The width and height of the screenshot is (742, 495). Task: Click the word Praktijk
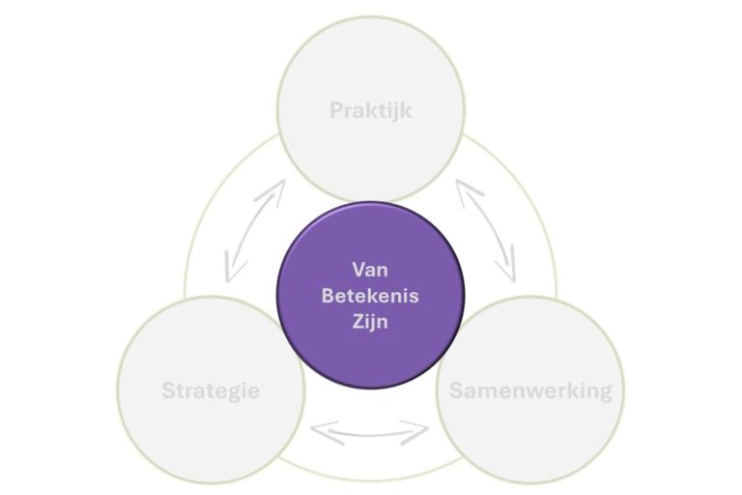click(x=370, y=110)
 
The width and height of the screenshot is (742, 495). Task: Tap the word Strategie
click(x=210, y=392)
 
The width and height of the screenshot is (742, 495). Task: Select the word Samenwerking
click(x=530, y=391)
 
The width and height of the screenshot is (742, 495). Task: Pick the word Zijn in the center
click(x=370, y=322)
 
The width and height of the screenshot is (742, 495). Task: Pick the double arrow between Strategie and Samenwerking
click(x=370, y=431)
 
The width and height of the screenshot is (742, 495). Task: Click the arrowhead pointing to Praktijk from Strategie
click(x=279, y=188)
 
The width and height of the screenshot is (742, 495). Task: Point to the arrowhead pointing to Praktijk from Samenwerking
click(x=463, y=188)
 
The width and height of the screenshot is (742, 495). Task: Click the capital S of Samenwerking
click(x=456, y=391)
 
